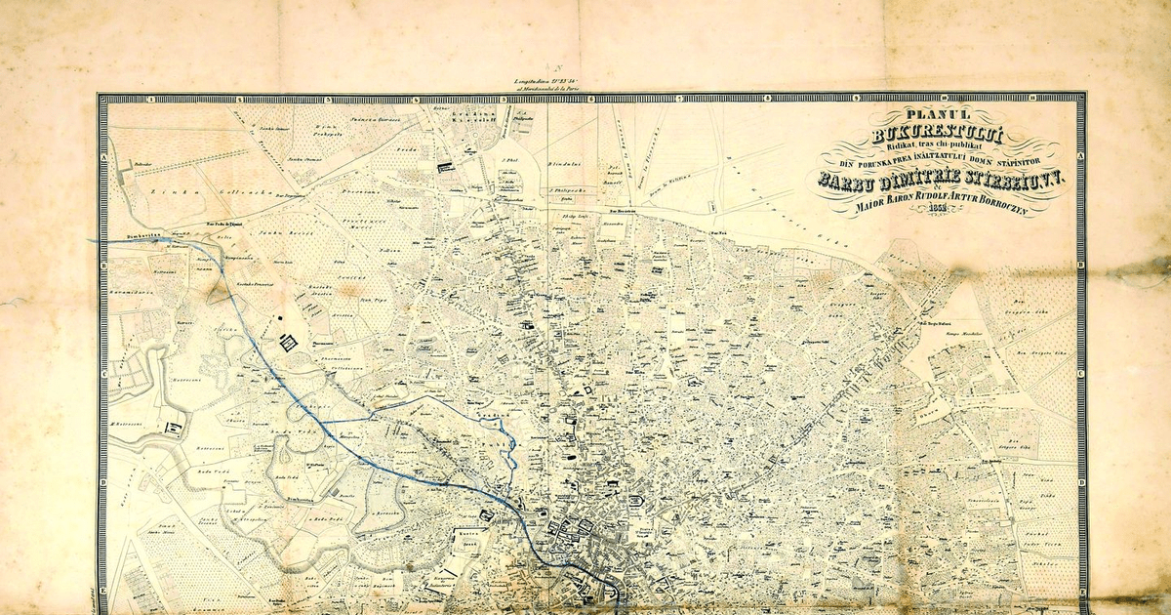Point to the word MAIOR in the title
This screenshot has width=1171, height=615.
pos(870,206)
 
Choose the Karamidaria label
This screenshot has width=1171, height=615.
pos(128,290)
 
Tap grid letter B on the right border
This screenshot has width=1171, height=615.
pos(1080,266)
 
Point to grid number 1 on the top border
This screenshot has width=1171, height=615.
pos(153,99)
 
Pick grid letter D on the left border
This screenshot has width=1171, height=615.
pos(102,480)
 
